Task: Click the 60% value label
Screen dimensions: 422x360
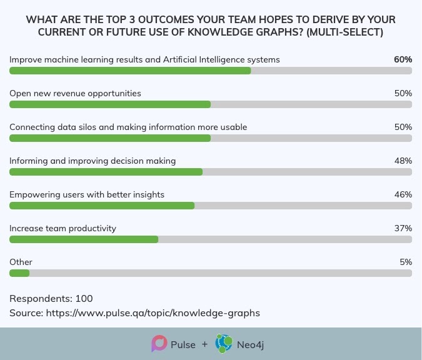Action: (403, 59)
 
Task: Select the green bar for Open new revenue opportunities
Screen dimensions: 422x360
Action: (110, 104)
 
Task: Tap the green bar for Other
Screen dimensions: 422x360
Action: (19, 273)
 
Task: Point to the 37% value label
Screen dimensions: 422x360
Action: (403, 228)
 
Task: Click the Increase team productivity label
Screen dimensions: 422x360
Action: (63, 228)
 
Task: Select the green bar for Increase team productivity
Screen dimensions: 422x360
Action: (84, 239)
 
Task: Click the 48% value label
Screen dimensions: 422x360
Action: (403, 161)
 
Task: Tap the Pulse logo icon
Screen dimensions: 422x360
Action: (159, 344)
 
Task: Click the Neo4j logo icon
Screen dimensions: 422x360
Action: (224, 344)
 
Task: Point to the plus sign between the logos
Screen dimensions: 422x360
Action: (205, 344)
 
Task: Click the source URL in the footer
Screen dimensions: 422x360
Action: (153, 313)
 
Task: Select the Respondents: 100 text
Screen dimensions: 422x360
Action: (51, 299)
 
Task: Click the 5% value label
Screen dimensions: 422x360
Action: (406, 262)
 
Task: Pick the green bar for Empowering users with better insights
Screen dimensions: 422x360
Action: (102, 206)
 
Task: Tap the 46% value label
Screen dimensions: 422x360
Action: (403, 194)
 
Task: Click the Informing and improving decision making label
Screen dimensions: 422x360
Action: (93, 161)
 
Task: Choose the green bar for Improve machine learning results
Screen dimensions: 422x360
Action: (130, 71)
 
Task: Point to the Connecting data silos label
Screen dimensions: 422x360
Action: (128, 127)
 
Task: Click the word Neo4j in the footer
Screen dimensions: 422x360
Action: (250, 344)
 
